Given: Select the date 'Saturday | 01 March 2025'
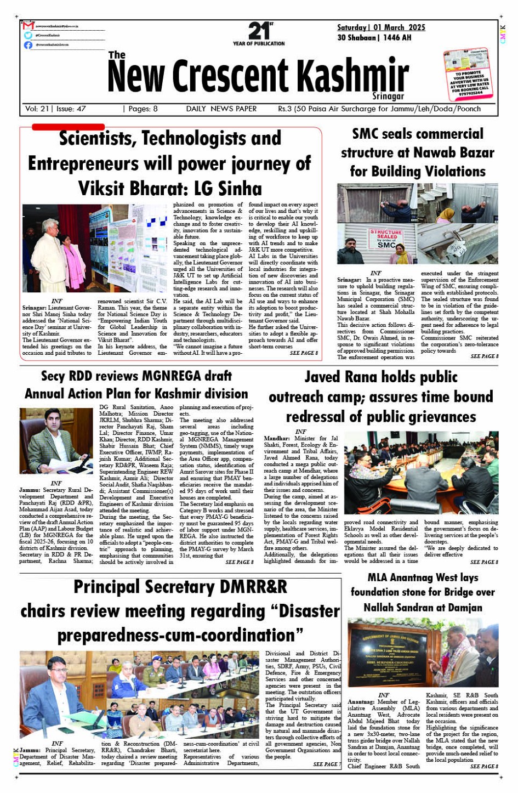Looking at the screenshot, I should (x=381, y=27).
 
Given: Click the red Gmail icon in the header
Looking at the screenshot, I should (x=29, y=26).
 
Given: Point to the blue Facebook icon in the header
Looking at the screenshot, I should (x=29, y=45).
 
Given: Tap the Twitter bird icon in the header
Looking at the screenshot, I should (x=29, y=35).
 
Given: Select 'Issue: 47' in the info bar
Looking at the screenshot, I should (x=71, y=109).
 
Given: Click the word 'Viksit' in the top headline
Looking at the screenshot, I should (x=110, y=188).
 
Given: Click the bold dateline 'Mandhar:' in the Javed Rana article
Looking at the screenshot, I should (x=277, y=438).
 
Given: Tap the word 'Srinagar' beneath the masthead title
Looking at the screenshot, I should (x=388, y=96).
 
